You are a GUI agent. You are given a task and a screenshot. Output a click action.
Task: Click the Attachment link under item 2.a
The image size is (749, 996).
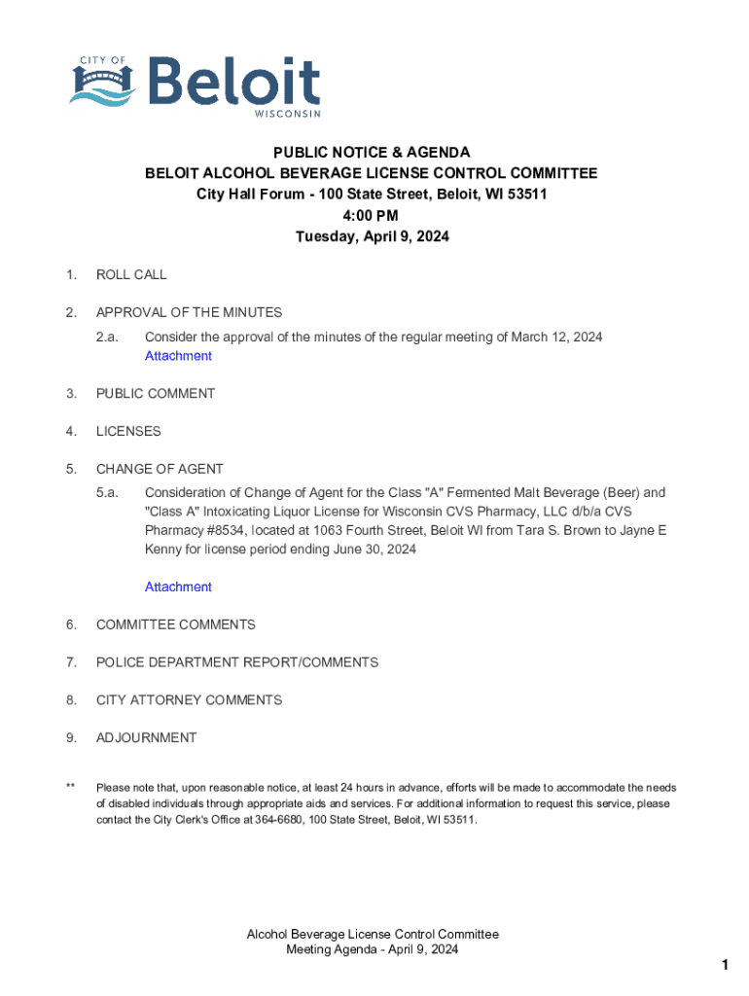point(178,356)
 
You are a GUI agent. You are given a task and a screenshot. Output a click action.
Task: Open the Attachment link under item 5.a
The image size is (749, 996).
point(178,587)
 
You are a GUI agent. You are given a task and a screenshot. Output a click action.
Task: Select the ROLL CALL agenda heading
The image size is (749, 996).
point(131,274)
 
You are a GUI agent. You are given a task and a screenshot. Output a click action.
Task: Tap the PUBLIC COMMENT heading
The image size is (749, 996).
point(156,393)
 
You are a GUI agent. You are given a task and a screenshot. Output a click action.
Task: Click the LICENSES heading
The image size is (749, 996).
point(128,431)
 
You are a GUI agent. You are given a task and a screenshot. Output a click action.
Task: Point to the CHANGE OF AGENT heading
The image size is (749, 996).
point(160,469)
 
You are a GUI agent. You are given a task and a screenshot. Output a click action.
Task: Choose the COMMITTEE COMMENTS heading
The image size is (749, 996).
point(175,624)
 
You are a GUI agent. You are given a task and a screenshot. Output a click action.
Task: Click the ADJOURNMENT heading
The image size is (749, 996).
point(146,737)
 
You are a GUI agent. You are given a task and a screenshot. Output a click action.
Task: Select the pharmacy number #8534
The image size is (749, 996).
point(227,531)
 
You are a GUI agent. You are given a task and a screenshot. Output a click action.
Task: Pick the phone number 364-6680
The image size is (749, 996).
point(280,820)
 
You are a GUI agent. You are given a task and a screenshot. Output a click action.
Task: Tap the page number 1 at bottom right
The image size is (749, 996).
point(725,965)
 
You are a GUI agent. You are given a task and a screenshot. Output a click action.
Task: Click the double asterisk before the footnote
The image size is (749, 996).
point(70,787)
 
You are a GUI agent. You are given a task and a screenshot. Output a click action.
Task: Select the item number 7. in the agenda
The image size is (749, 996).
point(71,662)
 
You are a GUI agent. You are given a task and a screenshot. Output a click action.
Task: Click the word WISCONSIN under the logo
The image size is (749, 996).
point(287,114)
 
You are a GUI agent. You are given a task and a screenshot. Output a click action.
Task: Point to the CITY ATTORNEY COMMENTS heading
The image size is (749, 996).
point(189,700)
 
